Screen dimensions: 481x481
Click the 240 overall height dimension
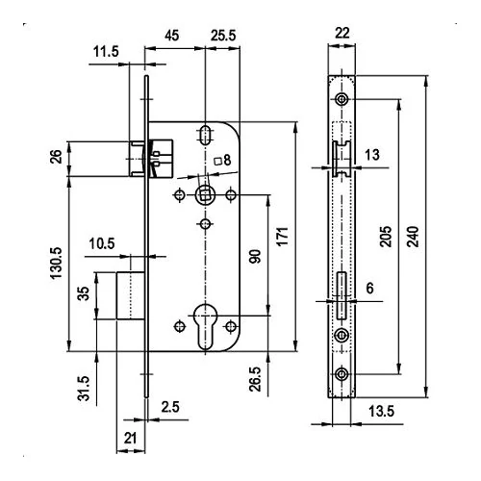pyautogui.click(x=414, y=237)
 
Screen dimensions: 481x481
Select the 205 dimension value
pyautogui.click(x=386, y=237)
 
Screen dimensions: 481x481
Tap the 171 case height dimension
pyautogui.click(x=283, y=237)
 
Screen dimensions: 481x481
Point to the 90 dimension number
pyautogui.click(x=255, y=256)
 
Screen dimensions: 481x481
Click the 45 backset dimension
pyautogui.click(x=172, y=36)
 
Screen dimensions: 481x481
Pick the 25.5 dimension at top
pyautogui.click(x=223, y=36)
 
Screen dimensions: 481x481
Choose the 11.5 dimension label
pyautogui.click(x=106, y=51)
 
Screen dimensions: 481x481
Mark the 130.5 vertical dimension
pyautogui.click(x=56, y=263)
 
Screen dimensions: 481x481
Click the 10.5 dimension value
pyautogui.click(x=102, y=243)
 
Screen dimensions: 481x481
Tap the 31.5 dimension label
pyautogui.click(x=83, y=389)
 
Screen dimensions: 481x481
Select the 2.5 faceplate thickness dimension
pyautogui.click(x=170, y=407)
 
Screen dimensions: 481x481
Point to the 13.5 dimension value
pyautogui.click(x=381, y=411)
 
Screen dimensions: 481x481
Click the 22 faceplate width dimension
pyautogui.click(x=342, y=33)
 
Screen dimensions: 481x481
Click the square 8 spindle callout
pyautogui.click(x=223, y=160)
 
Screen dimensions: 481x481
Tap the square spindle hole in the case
pyautogui.click(x=205, y=194)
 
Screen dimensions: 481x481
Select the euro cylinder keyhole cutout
pyautogui.click(x=205, y=326)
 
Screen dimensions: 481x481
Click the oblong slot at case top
pyautogui.click(x=205, y=136)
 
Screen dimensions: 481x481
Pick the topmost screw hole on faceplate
pyautogui.click(x=342, y=99)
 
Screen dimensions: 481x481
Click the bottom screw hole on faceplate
pyautogui.click(x=342, y=374)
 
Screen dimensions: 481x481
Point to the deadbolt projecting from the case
pyautogui.click(x=131, y=295)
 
